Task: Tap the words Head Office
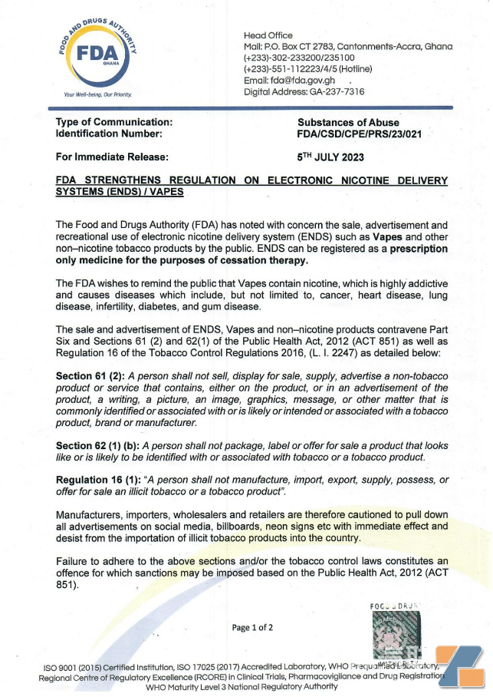[268, 35]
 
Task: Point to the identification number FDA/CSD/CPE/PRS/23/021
[359, 134]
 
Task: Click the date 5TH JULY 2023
[330, 157]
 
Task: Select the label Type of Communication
[113, 123]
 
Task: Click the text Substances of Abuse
[348, 123]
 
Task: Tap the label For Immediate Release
[112, 157]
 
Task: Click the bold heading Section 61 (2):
[90, 376]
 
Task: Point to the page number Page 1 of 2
[252, 627]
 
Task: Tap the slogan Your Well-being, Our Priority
[97, 95]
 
